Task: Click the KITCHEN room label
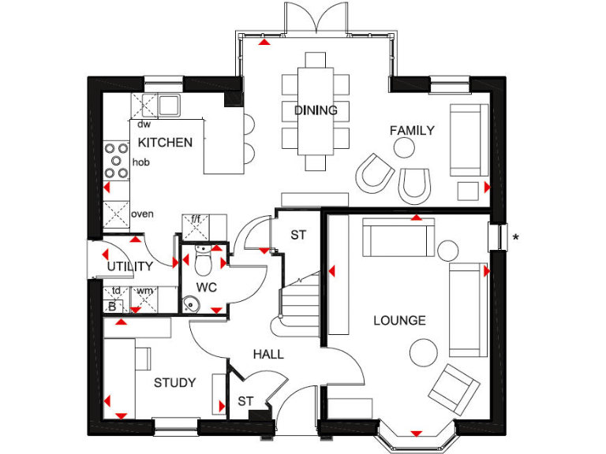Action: coord(165,143)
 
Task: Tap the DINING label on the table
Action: coord(316,110)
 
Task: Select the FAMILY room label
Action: coord(412,131)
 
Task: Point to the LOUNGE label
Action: coord(399,321)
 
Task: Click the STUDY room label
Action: coord(174,383)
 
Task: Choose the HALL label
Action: coord(268,355)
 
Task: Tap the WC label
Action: coord(207,287)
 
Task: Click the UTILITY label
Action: coord(130,266)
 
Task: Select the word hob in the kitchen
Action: coord(141,162)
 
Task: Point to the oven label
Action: coord(142,214)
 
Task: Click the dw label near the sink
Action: coord(144,125)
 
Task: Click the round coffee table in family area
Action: coord(404,147)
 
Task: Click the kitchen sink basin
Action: coord(169,104)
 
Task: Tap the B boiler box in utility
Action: coord(112,306)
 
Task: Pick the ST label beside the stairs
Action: coord(297,235)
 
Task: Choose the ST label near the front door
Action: coord(245,402)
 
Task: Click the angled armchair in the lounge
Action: coord(453,388)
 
